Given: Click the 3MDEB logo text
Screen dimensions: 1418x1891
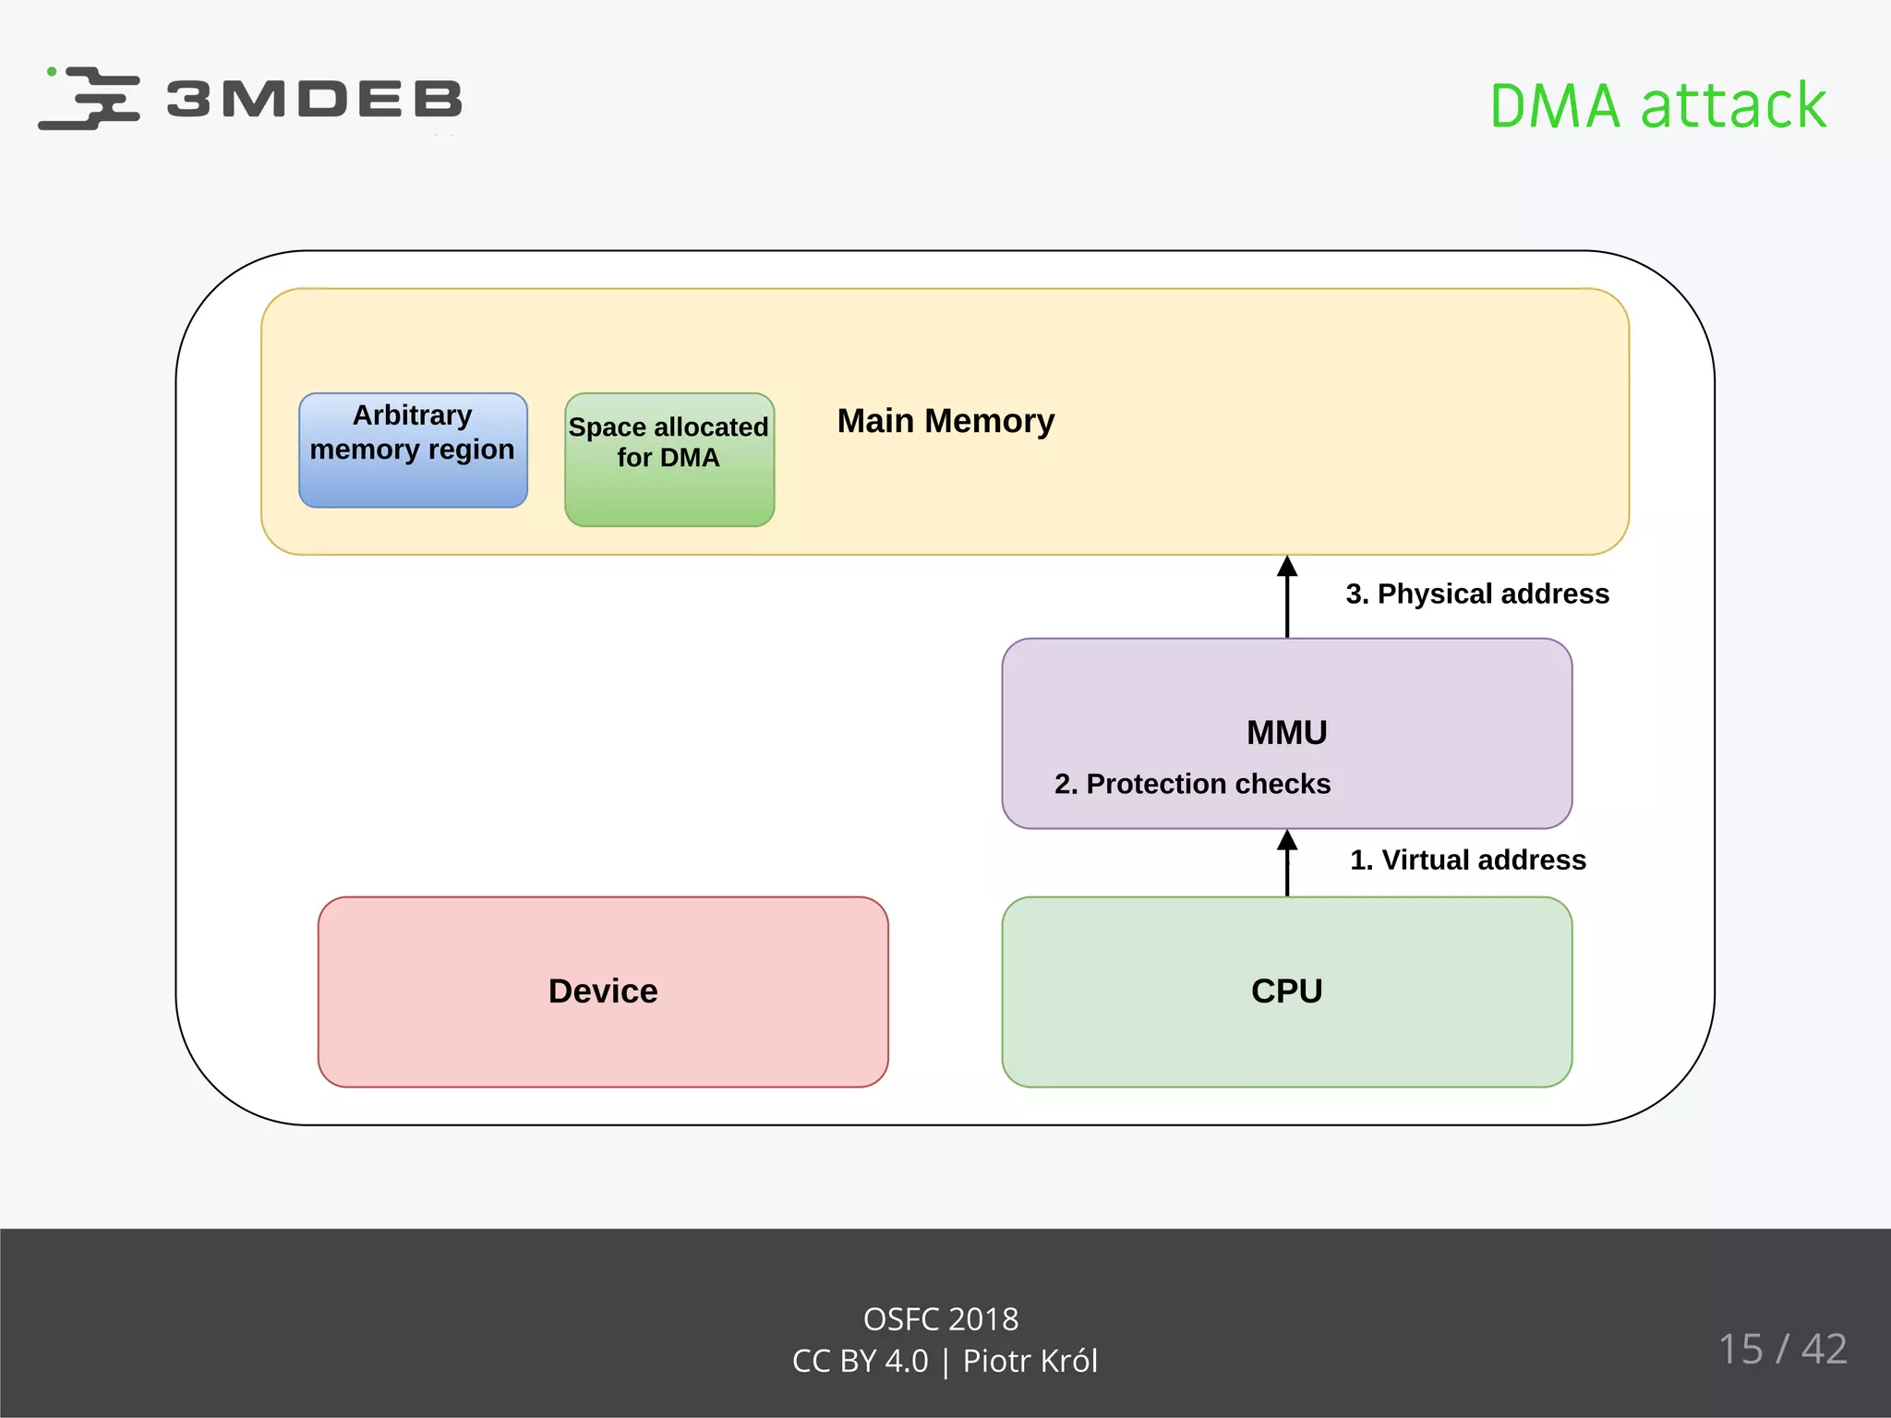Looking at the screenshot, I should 314,99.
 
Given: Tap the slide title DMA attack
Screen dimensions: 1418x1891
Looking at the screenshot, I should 1657,105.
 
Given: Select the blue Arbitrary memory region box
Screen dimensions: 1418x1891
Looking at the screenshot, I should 413,451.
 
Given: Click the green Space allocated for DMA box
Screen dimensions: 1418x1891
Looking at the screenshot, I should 669,460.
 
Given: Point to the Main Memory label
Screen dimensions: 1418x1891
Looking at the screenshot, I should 945,421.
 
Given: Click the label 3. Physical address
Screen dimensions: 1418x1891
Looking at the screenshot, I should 1476,594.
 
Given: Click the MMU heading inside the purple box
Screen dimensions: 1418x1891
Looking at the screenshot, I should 1286,732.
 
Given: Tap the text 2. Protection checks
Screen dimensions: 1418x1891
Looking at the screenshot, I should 1192,784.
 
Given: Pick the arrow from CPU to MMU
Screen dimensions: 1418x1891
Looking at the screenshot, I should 1287,864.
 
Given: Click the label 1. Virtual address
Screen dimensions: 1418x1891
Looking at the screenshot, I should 1467,859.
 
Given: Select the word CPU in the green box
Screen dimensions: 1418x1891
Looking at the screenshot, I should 1286,991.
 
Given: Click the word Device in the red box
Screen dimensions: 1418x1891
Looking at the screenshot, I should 603,991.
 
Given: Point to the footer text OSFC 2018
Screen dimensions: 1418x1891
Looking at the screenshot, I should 941,1319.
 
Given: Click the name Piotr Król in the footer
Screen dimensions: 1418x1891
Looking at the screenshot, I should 1030,1361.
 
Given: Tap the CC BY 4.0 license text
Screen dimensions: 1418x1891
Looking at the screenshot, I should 860,1361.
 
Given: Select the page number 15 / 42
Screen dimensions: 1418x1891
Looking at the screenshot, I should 1782,1349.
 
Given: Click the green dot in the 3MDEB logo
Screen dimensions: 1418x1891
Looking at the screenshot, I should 52,71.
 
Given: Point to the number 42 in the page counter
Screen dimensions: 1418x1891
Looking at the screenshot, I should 1824,1349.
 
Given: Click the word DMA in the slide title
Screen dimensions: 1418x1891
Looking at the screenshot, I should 1555,105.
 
